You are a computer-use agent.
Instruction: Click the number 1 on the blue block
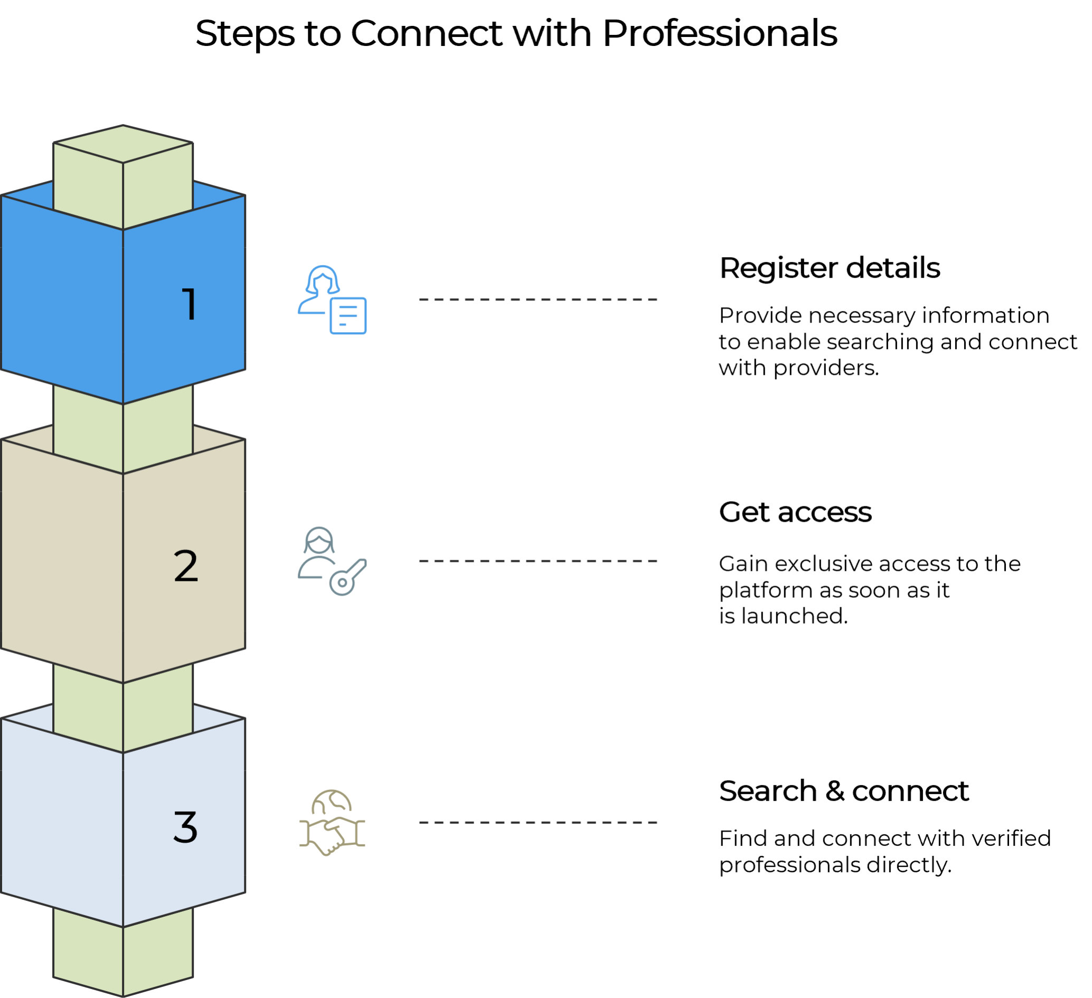point(189,304)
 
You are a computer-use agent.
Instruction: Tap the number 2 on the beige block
point(186,566)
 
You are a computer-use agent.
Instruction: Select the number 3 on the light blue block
point(185,827)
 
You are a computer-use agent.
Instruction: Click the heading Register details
point(829,268)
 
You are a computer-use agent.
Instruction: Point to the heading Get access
point(795,512)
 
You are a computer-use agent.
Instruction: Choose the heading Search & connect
point(843,791)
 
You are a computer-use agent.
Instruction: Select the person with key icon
point(332,561)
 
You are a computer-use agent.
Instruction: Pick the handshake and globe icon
point(332,823)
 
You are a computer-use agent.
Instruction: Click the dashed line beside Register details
point(538,299)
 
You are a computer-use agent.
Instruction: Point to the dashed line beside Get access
point(538,561)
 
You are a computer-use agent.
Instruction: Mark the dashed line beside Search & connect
point(538,823)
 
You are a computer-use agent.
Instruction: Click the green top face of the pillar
point(123,144)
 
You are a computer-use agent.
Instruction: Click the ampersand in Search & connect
point(834,791)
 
